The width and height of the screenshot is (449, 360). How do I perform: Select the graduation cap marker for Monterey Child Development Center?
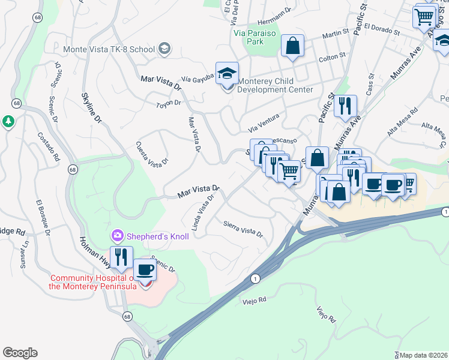tap(227, 74)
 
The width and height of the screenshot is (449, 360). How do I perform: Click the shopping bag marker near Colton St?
tap(292, 46)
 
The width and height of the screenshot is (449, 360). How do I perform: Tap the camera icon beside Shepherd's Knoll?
tap(118, 236)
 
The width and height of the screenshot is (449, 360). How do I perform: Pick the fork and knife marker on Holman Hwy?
tap(121, 257)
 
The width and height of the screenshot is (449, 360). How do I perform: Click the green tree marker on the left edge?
tap(8, 122)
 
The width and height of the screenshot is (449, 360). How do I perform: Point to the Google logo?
tap(20, 353)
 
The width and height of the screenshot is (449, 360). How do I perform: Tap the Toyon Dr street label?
tap(168, 103)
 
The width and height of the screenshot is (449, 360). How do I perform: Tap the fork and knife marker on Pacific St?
tap(345, 107)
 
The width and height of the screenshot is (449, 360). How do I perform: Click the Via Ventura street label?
tap(265, 130)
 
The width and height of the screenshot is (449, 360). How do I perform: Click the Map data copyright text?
tap(424, 355)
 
